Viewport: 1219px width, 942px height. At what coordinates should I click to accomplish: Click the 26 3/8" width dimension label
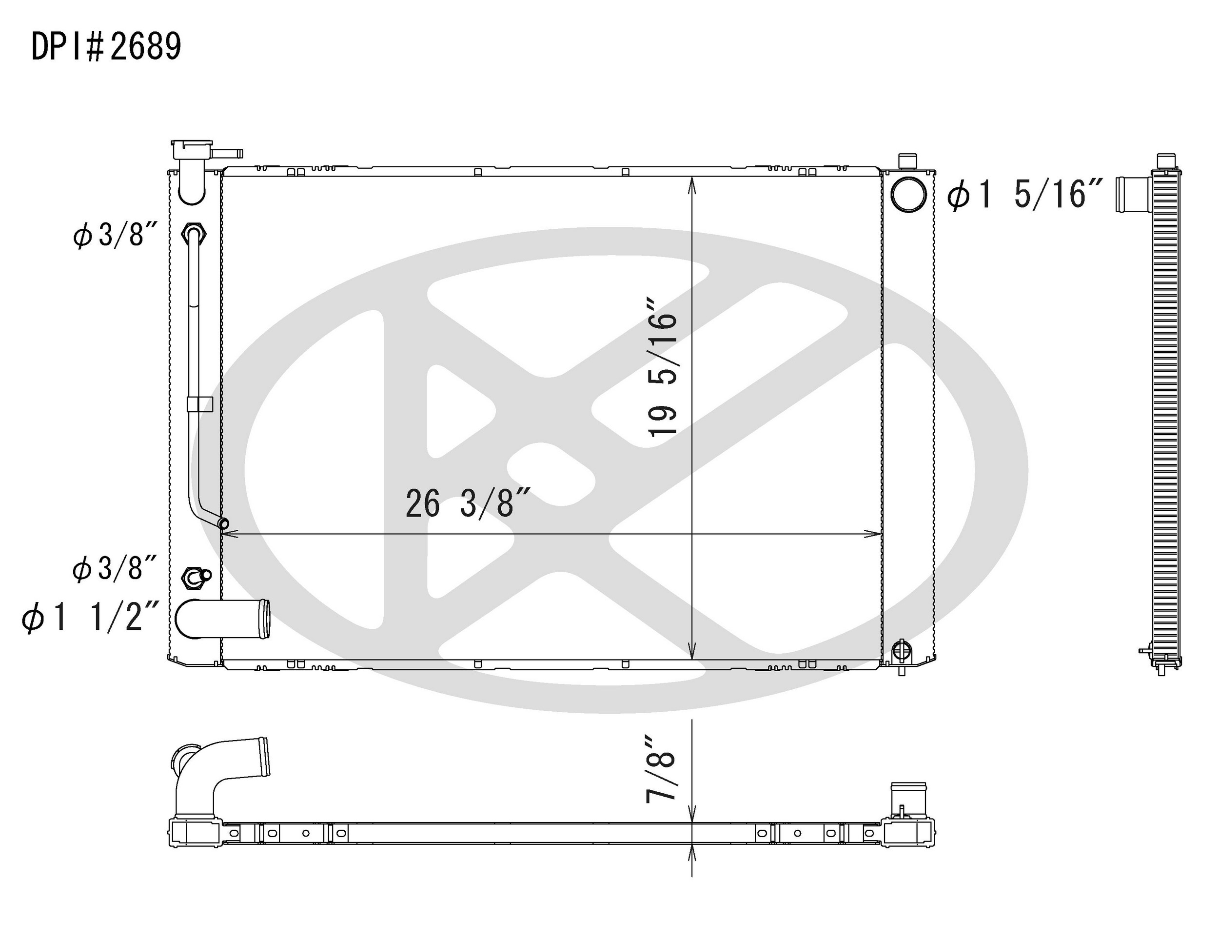coord(467,503)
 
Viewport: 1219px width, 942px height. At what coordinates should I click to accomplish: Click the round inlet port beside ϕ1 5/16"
coord(909,194)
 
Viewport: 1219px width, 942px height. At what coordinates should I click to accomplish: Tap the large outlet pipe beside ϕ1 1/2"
coord(223,619)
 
